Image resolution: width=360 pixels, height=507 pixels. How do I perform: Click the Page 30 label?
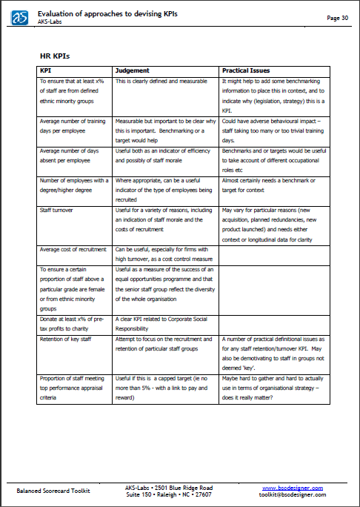337,18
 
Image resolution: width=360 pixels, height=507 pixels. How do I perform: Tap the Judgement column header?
133,70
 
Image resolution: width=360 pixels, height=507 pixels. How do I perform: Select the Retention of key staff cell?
64,339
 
